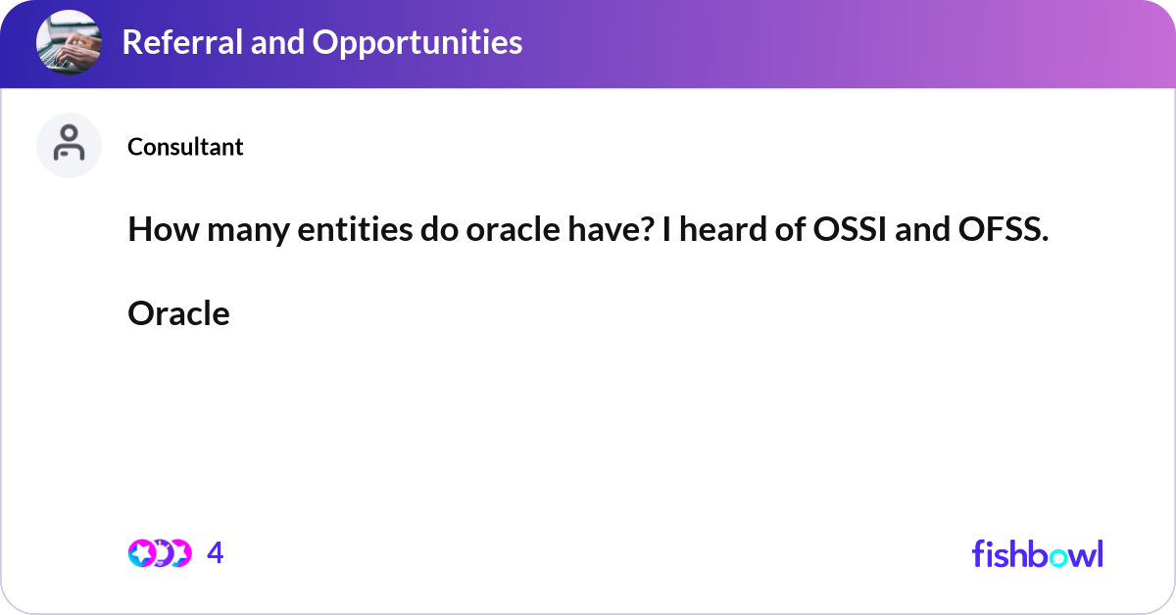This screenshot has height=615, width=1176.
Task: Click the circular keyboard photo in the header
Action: [x=68, y=42]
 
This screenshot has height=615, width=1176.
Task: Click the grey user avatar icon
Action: [x=69, y=145]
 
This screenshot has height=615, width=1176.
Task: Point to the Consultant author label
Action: [x=185, y=147]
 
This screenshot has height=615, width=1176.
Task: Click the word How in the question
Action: [x=156, y=230]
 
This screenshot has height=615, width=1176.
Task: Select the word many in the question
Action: [x=233, y=230]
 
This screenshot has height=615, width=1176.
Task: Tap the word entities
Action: [x=340, y=230]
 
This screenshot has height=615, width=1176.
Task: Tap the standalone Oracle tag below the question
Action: [x=178, y=313]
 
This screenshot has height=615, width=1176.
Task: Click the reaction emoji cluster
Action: [x=159, y=553]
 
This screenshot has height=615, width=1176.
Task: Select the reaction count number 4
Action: [x=216, y=553]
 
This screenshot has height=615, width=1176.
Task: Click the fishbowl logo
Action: [x=1037, y=553]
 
